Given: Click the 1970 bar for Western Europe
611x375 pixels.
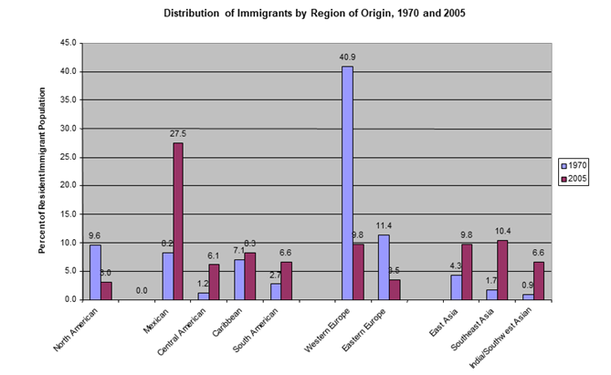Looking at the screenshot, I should tap(347, 182).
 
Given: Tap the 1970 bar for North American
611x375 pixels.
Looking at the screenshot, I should tap(95, 272).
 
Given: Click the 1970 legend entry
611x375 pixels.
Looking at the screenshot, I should tap(574, 165).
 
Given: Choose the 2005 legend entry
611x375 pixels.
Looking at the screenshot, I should tap(574, 179).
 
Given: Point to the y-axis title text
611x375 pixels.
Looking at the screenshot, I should tap(44, 171).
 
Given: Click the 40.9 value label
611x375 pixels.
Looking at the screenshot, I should tap(346, 57).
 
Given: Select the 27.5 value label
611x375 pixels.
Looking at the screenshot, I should tap(177, 133).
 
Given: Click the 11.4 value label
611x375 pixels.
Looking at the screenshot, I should tap(383, 225).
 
